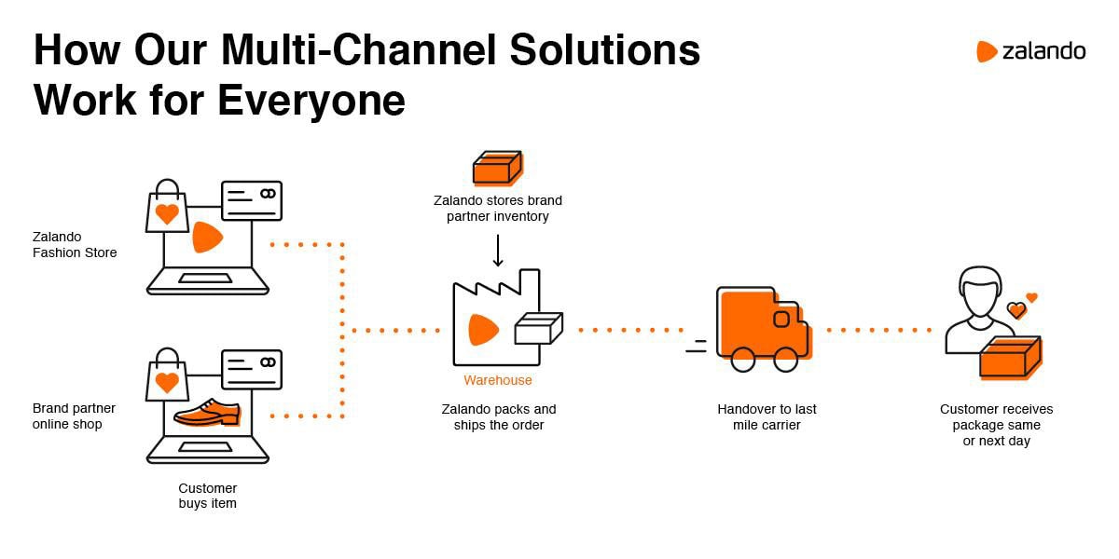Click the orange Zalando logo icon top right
pyautogui.click(x=987, y=51)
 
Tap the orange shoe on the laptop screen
pyautogui.click(x=207, y=413)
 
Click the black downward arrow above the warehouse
pyautogui.click(x=498, y=251)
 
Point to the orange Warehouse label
pyautogui.click(x=498, y=380)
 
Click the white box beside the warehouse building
pyautogui.click(x=539, y=328)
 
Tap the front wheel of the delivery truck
pyautogui.click(x=786, y=359)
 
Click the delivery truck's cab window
pyautogui.click(x=781, y=319)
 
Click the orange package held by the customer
pyautogui.click(x=1009, y=358)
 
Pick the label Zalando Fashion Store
pyautogui.click(x=75, y=245)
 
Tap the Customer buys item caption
pyautogui.click(x=208, y=496)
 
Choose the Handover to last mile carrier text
pyautogui.click(x=766, y=416)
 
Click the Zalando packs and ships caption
pyautogui.click(x=498, y=416)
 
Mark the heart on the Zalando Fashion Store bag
pyautogui.click(x=167, y=214)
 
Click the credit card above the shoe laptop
pyautogui.click(x=251, y=370)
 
